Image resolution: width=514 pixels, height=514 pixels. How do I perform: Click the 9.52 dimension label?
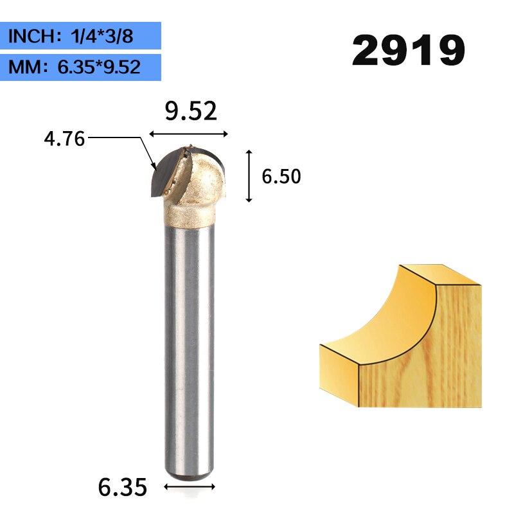(190, 112)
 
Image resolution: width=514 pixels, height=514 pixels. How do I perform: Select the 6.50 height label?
(281, 177)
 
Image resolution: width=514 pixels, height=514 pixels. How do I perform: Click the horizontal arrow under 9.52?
(189, 134)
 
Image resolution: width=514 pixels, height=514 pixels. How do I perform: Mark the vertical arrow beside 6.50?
(249, 176)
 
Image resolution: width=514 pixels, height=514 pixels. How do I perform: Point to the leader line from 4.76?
(122, 137)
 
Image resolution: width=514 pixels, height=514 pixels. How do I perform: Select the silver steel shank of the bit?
(189, 347)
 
